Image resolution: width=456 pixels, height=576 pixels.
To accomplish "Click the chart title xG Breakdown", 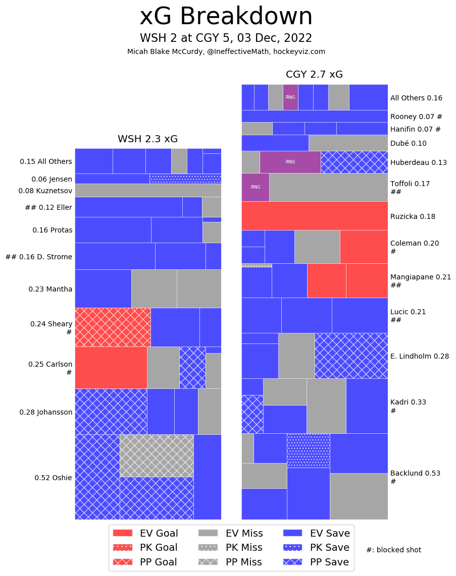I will pyautogui.click(x=226, y=17).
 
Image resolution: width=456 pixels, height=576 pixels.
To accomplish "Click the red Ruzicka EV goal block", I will pyautogui.click(x=314, y=216).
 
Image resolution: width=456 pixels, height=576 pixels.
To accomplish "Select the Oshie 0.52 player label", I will pyautogui.click(x=53, y=478).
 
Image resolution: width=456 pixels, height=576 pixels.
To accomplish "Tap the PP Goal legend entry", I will pyautogui.click(x=145, y=562).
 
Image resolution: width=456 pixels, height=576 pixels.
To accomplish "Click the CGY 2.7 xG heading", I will pyautogui.click(x=314, y=75).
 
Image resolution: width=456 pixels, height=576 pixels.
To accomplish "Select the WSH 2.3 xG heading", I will pyautogui.click(x=147, y=139).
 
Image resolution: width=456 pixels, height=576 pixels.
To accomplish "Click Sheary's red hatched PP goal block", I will pyautogui.click(x=113, y=327).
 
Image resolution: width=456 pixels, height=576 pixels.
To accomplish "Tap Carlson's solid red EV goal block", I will pyautogui.click(x=111, y=367).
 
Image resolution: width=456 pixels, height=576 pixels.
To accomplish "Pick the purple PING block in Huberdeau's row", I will pyautogui.click(x=290, y=162).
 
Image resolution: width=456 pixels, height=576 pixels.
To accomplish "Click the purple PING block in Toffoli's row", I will pyautogui.click(x=255, y=187).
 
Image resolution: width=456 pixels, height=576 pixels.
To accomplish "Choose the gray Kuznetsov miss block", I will pyautogui.click(x=147, y=190).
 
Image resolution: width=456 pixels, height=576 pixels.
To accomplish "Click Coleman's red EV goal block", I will pyautogui.click(x=364, y=247).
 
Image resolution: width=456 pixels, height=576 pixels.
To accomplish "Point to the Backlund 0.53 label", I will pyautogui.click(x=415, y=473).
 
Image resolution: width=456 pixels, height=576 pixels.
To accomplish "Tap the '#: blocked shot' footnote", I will pyautogui.click(x=393, y=550).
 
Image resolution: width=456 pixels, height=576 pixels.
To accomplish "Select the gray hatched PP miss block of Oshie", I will pyautogui.click(x=157, y=455).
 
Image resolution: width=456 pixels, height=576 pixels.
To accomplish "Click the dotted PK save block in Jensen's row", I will pyautogui.click(x=185, y=179).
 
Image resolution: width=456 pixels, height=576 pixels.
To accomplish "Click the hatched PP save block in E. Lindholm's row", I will pyautogui.click(x=351, y=356).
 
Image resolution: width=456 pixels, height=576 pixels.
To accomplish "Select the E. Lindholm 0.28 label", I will pyautogui.click(x=419, y=356).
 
